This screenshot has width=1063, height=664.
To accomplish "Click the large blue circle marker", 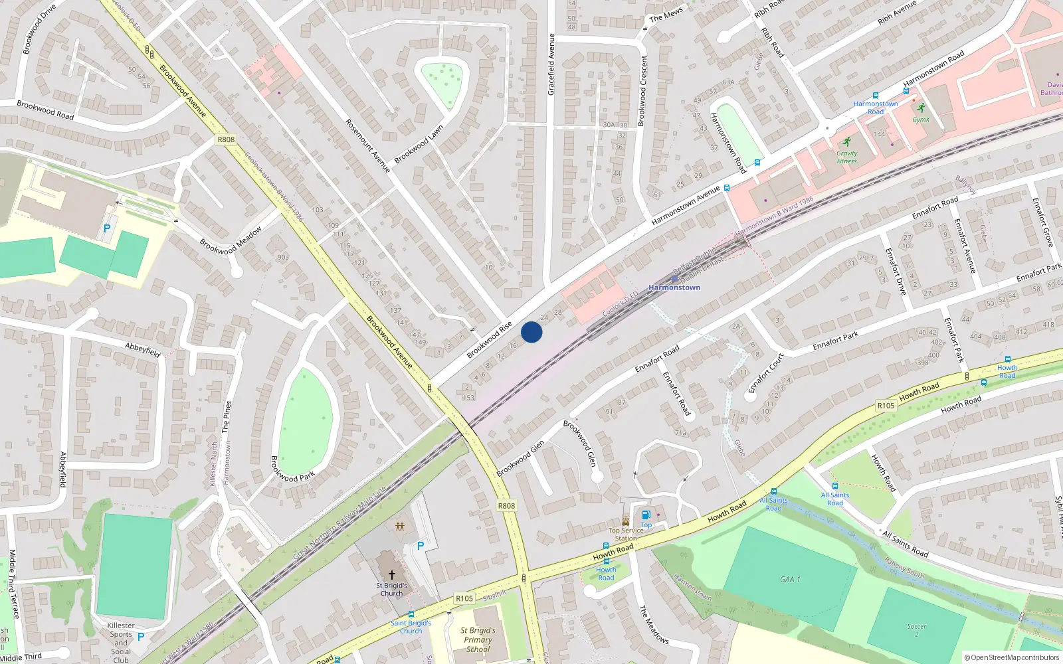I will [531, 332].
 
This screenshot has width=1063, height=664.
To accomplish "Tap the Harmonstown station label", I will [674, 288].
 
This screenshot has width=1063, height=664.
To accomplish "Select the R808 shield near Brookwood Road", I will [226, 139].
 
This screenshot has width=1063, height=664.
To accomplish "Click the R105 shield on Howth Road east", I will [886, 406].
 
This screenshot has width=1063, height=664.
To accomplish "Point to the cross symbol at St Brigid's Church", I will [392, 574].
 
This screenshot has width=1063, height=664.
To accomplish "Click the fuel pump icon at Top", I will [646, 515].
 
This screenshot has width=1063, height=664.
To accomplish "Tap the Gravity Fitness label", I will [846, 157].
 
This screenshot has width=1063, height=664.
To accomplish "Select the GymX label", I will [921, 120].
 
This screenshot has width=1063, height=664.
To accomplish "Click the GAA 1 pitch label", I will [790, 579].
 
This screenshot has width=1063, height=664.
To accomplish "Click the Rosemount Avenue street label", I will [367, 146].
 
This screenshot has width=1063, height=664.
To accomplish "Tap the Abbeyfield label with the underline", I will [143, 350].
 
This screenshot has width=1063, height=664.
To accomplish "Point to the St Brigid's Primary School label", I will [478, 639].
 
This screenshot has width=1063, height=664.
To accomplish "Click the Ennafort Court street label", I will [766, 373].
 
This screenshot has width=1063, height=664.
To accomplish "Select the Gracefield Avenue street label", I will [551, 64].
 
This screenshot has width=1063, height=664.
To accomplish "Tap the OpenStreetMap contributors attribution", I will [1012, 657].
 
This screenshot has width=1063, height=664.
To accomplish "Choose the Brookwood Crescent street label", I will [642, 90].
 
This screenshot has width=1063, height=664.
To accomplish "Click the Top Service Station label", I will [626, 534].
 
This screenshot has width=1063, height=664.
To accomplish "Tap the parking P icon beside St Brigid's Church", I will [420, 546].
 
